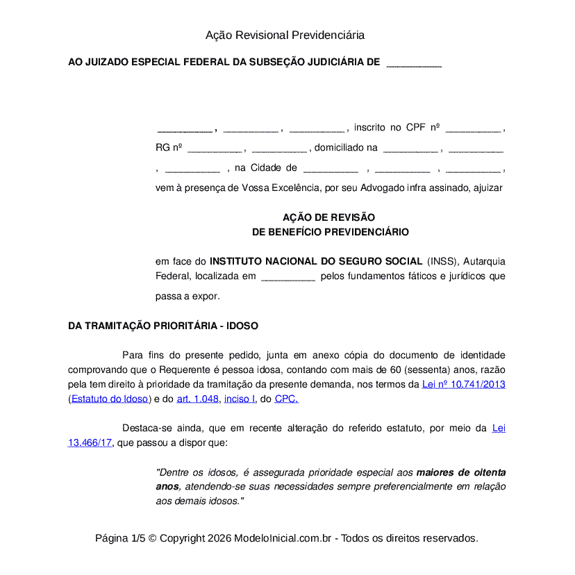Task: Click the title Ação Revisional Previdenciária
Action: tap(285, 35)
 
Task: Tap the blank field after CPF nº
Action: tap(472, 128)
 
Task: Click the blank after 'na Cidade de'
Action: tap(331, 169)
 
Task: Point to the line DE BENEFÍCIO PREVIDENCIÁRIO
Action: tap(330, 232)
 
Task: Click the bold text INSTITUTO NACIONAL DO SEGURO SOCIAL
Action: tap(316, 261)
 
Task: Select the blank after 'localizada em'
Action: tap(287, 277)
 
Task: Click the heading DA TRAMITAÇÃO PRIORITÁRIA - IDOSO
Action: tap(163, 326)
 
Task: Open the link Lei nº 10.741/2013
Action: tap(463, 384)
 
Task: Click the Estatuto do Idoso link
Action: tap(109, 399)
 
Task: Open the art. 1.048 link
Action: tap(198, 399)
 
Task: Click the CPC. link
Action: tap(287, 399)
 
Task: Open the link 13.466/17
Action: tap(90, 442)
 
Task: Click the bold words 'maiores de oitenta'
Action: tap(460, 472)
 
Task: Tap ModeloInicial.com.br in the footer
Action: tap(283, 538)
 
